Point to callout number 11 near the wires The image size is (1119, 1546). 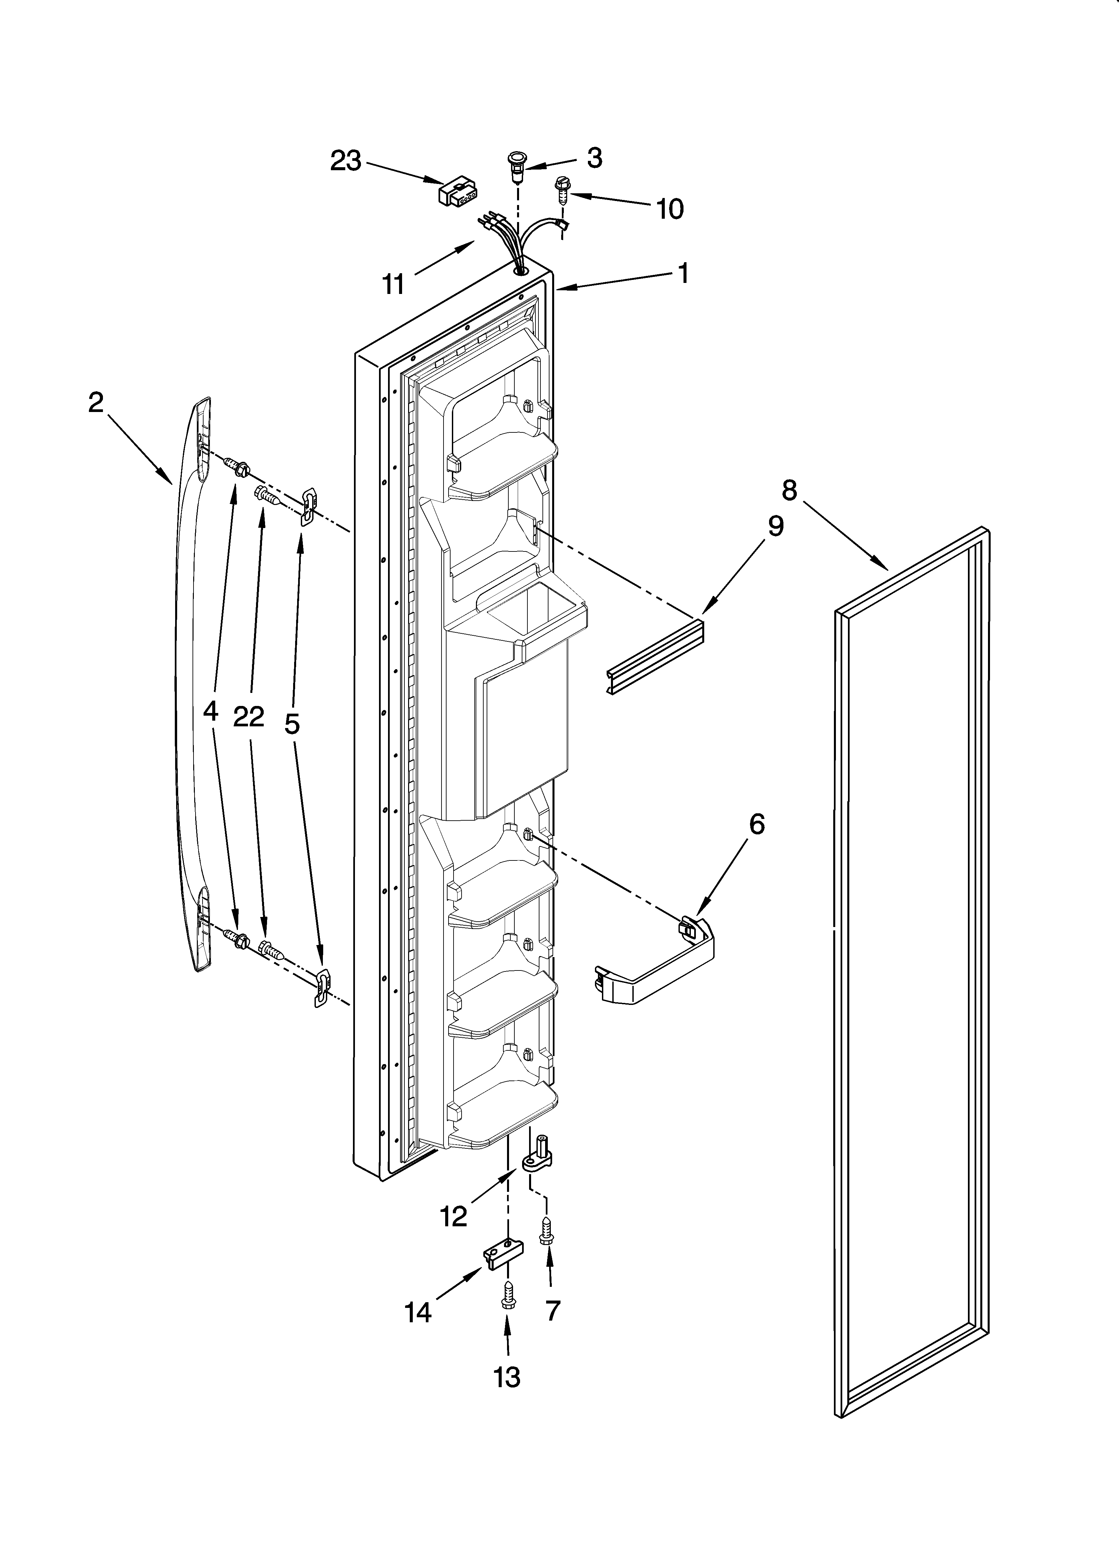[x=393, y=284]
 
